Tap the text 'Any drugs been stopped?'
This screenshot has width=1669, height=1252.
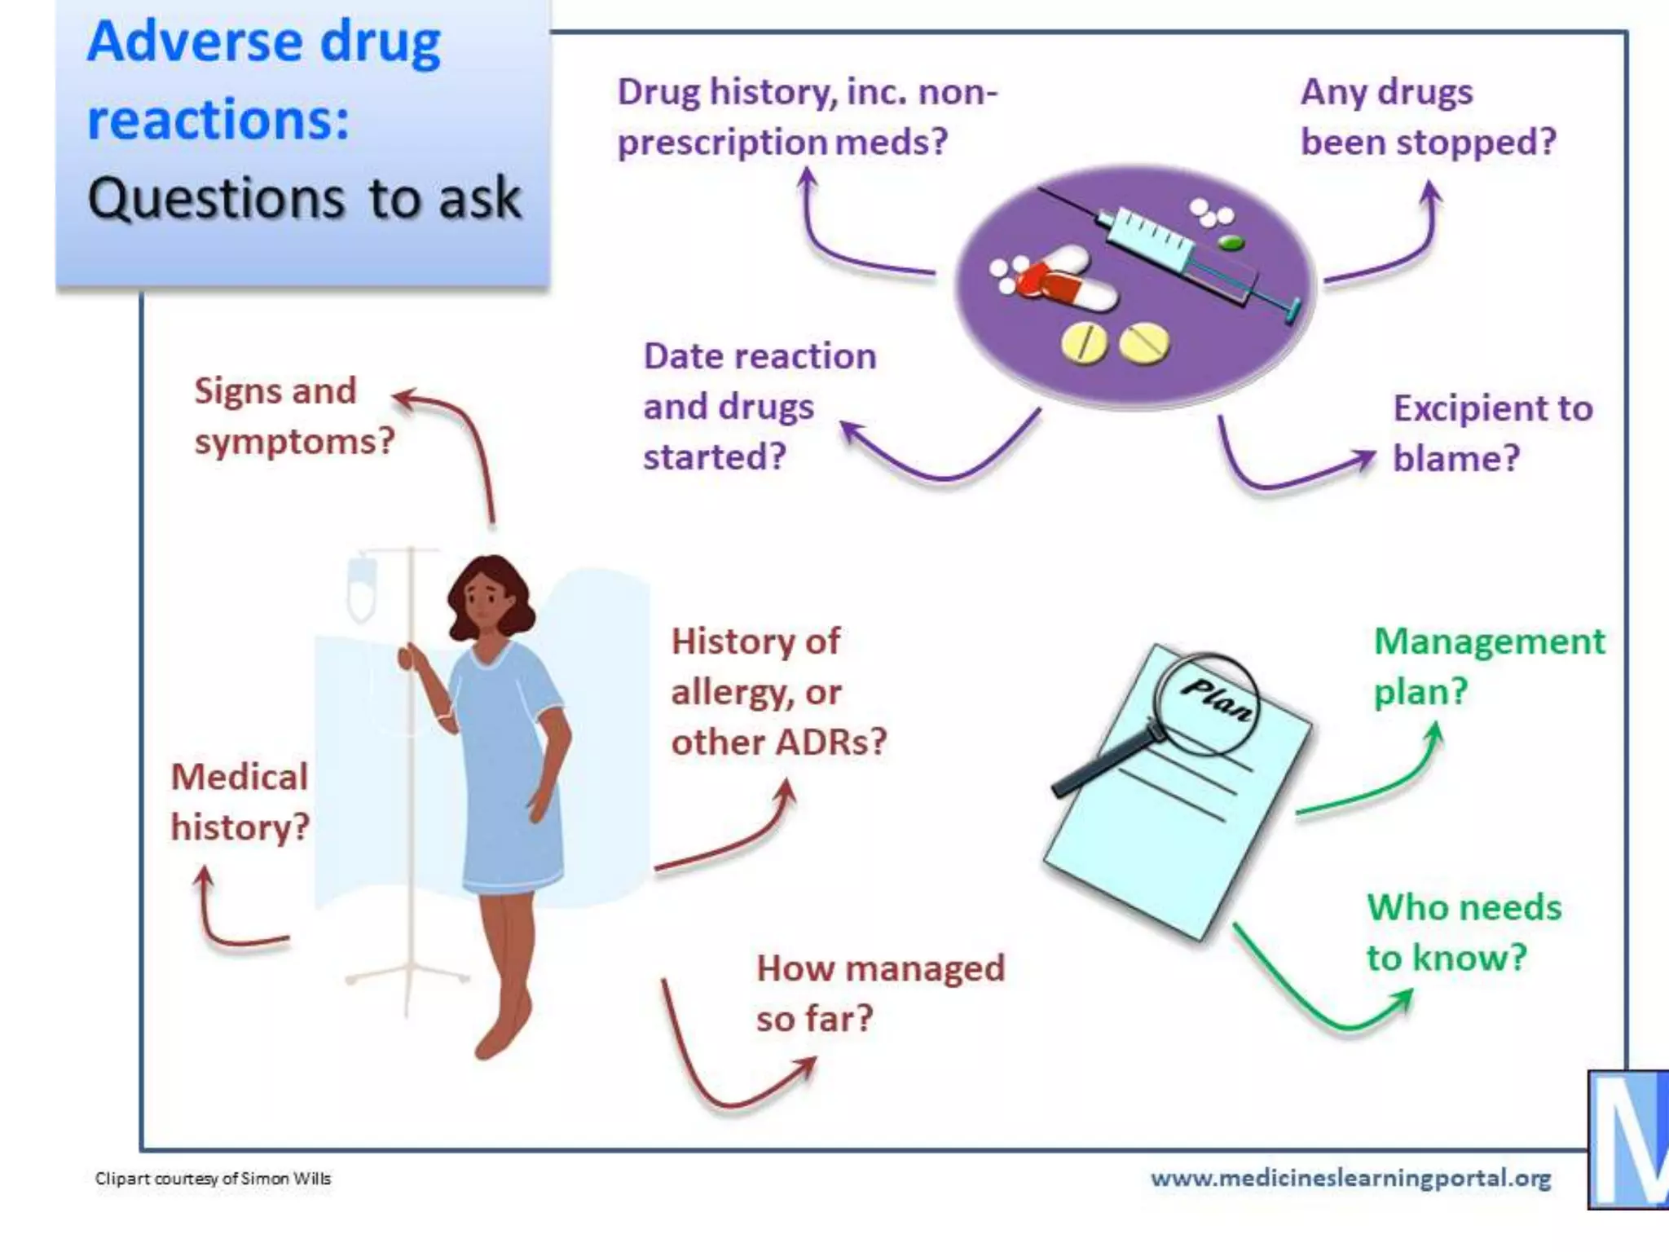click(1427, 117)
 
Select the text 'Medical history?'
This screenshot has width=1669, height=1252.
click(240, 801)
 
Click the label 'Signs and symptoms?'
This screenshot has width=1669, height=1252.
click(293, 416)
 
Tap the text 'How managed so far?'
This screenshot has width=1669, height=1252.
click(879, 993)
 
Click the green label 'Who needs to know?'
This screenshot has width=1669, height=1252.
click(1463, 932)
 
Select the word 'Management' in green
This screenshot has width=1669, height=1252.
click(1489, 641)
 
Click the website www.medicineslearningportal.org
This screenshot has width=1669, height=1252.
click(1350, 1178)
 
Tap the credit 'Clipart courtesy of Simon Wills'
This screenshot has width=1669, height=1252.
click(213, 1178)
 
